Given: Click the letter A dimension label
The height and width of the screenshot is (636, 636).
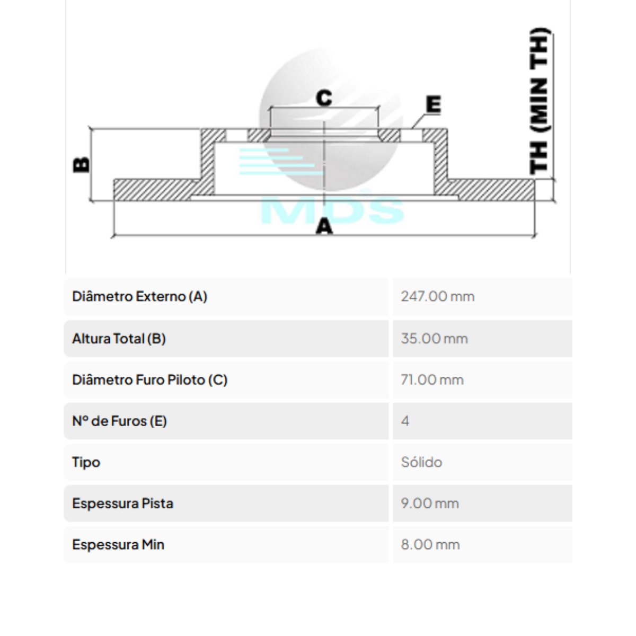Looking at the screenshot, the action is [324, 227].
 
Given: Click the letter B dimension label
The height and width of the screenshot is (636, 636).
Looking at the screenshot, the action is [81, 164].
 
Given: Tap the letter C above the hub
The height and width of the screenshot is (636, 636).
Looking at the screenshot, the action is [324, 98].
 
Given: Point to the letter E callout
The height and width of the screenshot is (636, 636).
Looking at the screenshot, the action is [434, 104].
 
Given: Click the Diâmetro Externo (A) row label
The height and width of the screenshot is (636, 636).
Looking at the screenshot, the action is [139, 296].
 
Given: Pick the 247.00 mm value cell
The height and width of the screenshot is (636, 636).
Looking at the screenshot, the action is [438, 297].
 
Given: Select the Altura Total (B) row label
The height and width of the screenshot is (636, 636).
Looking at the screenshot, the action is [119, 339].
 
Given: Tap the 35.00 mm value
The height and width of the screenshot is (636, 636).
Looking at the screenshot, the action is [435, 339].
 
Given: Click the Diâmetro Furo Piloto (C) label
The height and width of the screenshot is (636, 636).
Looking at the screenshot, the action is [150, 380].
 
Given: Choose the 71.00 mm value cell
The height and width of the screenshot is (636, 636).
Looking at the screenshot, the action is [432, 380].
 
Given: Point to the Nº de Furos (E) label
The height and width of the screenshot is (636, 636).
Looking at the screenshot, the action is [119, 421].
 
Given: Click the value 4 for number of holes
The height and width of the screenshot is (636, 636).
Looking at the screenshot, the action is [405, 421].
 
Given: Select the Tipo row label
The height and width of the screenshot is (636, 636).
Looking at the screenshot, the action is [86, 462].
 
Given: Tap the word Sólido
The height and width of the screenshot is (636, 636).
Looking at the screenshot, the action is [421, 462].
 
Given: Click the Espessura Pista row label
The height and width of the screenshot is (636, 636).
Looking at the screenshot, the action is [123, 503].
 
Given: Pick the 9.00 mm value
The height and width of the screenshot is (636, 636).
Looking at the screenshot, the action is [430, 503].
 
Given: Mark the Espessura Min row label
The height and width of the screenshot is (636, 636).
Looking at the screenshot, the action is [118, 545].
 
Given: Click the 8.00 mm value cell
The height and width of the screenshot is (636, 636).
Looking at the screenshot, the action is [430, 545].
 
